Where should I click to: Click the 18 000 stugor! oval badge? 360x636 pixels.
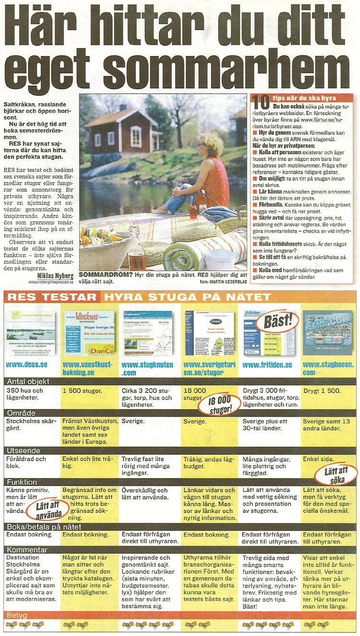(x=219, y=405)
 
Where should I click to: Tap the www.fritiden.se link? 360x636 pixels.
(x=267, y=365)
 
